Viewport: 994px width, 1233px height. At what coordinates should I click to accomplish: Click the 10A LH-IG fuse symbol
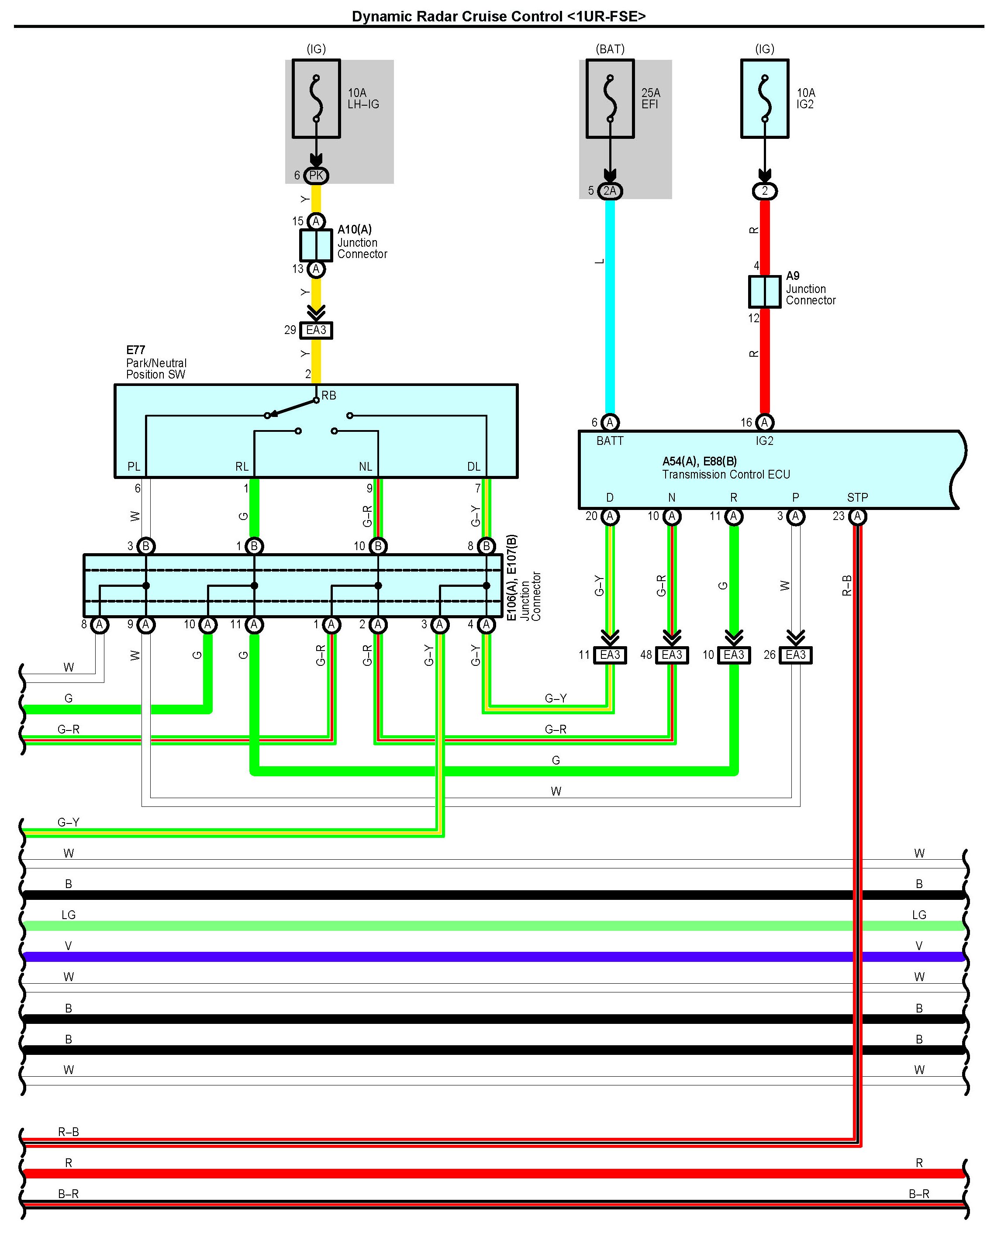(x=316, y=99)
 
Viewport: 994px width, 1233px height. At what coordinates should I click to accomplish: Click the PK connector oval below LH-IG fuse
(x=316, y=176)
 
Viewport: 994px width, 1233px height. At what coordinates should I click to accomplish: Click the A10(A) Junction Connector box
(x=316, y=245)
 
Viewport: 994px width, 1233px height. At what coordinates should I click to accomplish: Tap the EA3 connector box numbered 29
(x=316, y=330)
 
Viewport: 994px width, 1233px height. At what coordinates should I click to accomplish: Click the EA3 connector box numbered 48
(x=672, y=655)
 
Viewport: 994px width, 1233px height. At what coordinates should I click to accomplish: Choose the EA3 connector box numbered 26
(x=795, y=655)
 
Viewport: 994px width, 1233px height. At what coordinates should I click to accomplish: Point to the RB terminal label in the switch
(x=329, y=396)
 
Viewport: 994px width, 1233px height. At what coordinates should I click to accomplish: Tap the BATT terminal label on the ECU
(x=610, y=441)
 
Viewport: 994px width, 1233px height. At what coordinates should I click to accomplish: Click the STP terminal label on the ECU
(x=857, y=497)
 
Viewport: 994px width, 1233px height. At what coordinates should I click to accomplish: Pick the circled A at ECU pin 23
(x=857, y=517)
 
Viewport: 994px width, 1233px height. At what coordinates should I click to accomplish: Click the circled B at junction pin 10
(x=378, y=546)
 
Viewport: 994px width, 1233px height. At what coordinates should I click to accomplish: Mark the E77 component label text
(x=136, y=350)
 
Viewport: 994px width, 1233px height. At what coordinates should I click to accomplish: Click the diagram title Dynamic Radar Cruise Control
(x=499, y=17)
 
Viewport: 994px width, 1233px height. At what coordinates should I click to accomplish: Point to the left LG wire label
(x=69, y=915)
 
